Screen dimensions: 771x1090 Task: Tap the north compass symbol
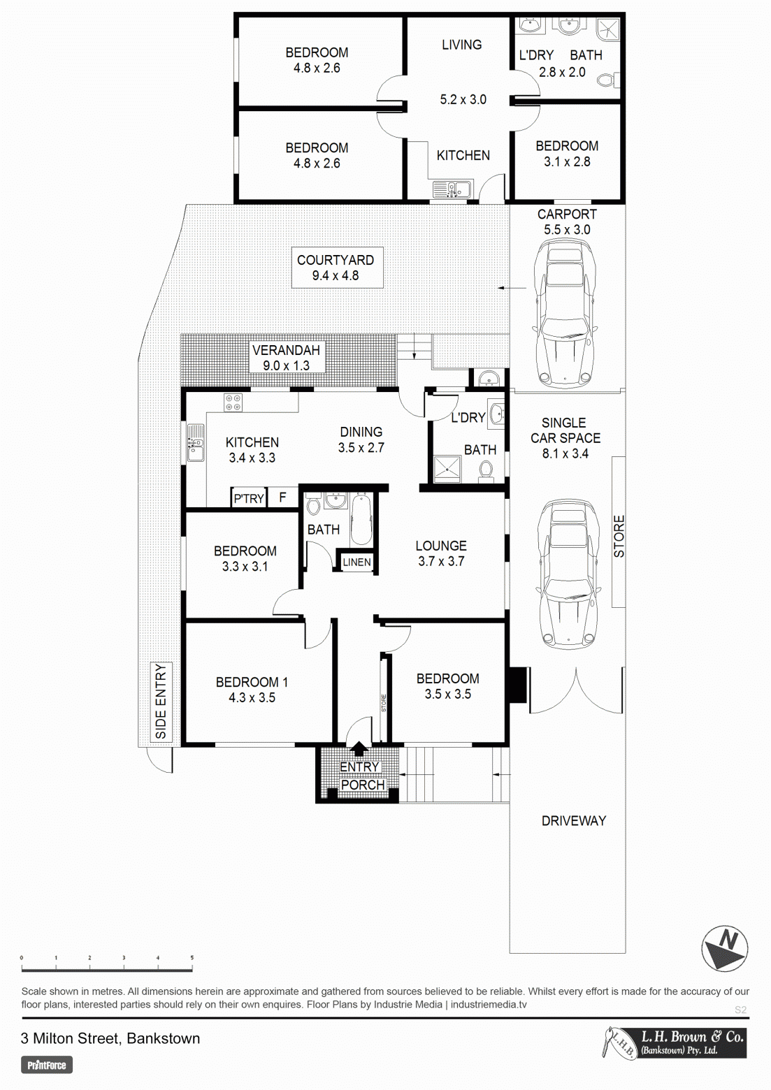724,948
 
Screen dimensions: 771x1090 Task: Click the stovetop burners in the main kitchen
233,402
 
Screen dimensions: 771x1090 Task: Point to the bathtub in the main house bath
361,519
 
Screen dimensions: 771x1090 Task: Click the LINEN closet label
356,562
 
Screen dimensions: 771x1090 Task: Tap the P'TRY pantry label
249,498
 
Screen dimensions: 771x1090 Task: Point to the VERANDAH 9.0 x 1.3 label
286,358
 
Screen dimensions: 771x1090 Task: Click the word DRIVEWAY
574,821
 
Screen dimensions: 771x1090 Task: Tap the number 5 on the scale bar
192,958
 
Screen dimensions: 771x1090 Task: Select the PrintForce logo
47,1065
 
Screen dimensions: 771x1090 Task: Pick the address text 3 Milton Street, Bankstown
110,1038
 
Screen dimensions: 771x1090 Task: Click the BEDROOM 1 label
252,682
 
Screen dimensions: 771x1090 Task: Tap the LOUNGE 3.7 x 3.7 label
441,553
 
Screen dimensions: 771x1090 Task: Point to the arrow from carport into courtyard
512,288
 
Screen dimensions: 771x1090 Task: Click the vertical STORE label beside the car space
619,536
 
